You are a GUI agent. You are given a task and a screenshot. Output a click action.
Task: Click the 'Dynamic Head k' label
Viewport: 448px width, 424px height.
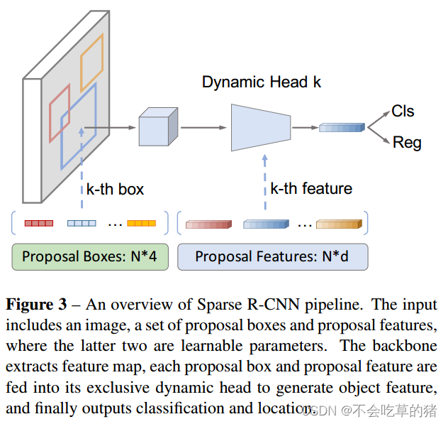261,82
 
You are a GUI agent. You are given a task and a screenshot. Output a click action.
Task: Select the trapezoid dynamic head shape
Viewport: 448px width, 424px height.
261,127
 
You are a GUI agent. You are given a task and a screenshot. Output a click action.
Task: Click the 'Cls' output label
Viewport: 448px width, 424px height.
403,112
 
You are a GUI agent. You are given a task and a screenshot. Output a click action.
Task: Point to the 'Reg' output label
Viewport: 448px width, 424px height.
406,143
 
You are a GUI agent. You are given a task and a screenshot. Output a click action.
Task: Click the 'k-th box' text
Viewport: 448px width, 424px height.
115,189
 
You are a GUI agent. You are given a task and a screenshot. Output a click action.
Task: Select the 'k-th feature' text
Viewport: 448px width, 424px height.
311,189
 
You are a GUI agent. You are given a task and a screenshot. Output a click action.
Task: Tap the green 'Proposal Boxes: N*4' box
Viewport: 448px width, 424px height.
90,256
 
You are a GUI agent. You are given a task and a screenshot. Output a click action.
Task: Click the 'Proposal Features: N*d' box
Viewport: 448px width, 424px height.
273,256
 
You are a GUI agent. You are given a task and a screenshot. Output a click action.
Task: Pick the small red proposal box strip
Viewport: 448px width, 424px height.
39,223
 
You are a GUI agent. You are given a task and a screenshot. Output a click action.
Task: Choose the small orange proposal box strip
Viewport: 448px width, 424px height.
141,223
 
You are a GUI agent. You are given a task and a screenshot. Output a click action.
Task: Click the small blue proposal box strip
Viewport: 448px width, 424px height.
82,223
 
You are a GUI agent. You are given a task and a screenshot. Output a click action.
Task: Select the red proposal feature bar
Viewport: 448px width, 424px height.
208,224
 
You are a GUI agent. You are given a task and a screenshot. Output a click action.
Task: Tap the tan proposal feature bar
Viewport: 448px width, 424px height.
339,224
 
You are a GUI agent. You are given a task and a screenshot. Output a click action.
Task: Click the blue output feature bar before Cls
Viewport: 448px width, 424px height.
341,128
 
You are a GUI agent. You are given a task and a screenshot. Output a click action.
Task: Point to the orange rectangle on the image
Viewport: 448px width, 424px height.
92,61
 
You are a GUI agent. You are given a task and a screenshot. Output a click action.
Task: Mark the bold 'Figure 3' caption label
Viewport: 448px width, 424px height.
35,305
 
